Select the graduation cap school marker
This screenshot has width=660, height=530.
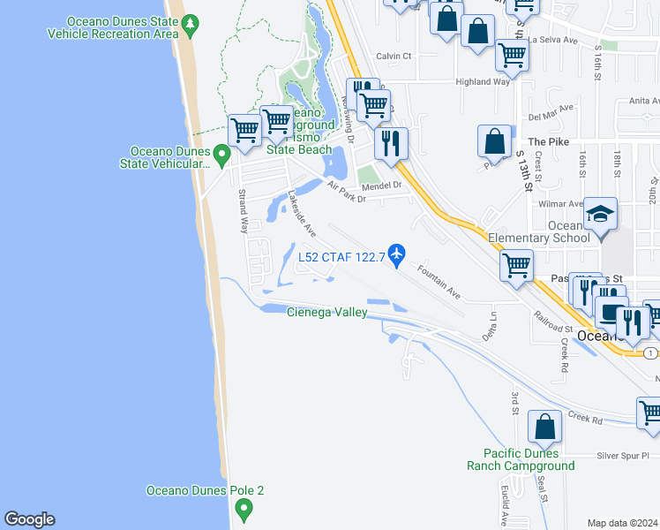[600, 215]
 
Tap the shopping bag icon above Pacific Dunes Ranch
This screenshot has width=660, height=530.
[545, 427]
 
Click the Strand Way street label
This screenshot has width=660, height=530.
[244, 210]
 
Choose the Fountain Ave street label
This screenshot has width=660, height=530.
[439, 281]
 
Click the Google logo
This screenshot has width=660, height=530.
[29, 519]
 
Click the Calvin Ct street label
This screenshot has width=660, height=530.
[394, 56]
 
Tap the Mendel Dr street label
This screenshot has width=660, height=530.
[381, 185]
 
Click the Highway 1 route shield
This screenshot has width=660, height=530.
[650, 353]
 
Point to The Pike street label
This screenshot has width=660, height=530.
[548, 141]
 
